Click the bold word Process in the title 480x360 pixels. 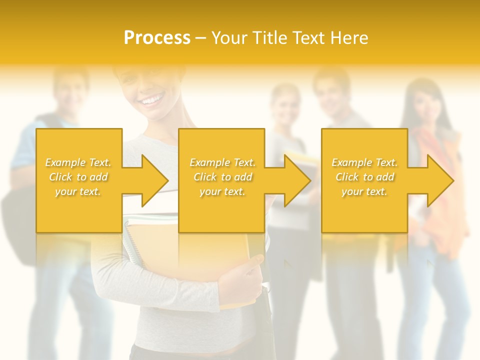click(157, 38)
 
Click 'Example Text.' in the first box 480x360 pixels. click(78, 162)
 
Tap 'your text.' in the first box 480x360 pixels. click(78, 191)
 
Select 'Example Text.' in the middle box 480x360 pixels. click(222, 162)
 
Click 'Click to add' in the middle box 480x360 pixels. click(222, 177)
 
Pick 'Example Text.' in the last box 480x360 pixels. click(364, 162)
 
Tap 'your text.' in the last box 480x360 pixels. click(364, 191)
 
